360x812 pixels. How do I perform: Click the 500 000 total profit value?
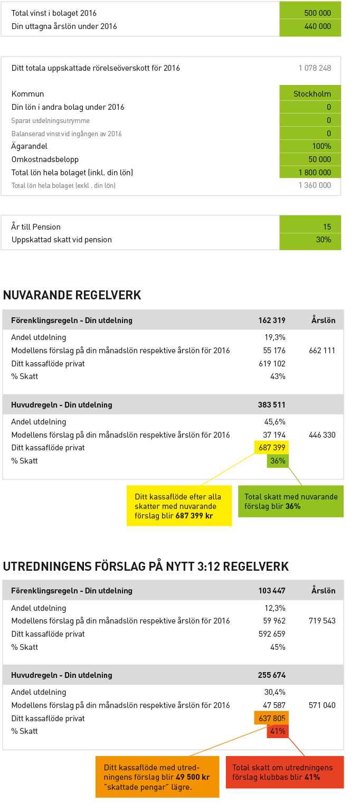pyautogui.click(x=310, y=13)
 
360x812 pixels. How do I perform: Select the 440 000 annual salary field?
pyautogui.click(x=310, y=26)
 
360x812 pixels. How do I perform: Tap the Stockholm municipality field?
pyautogui.click(x=310, y=93)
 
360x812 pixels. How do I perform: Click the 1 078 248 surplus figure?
pyautogui.click(x=315, y=68)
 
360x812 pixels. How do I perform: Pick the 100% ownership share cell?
pyautogui.click(x=310, y=146)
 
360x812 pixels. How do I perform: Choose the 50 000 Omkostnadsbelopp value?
pyautogui.click(x=310, y=159)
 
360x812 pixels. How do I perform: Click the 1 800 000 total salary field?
pyautogui.click(x=310, y=172)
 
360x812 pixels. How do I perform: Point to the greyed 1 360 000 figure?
pyautogui.click(x=315, y=185)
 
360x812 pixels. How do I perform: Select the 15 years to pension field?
pyautogui.click(x=310, y=226)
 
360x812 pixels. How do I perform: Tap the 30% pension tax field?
pyautogui.click(x=310, y=240)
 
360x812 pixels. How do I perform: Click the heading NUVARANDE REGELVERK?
pyautogui.click(x=72, y=295)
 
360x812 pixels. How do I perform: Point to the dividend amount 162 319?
pyautogui.click(x=271, y=320)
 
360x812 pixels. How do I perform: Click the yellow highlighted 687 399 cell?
pyautogui.click(x=272, y=447)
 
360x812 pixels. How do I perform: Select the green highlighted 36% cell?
pyautogui.click(x=278, y=461)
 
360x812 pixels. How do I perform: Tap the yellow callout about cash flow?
pyautogui.click(x=179, y=506)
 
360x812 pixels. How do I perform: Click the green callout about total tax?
pyautogui.click(x=291, y=502)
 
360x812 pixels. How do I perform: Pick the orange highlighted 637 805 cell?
pyautogui.click(x=272, y=718)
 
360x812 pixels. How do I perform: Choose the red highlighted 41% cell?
pyautogui.click(x=278, y=731)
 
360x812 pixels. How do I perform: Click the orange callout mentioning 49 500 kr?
pyautogui.click(x=157, y=777)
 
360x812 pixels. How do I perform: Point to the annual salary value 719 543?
pyautogui.click(x=322, y=620)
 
